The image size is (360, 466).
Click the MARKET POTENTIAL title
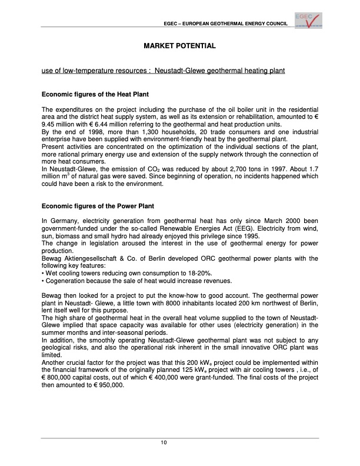click(x=180, y=45)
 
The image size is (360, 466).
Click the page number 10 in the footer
click(x=180, y=443)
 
